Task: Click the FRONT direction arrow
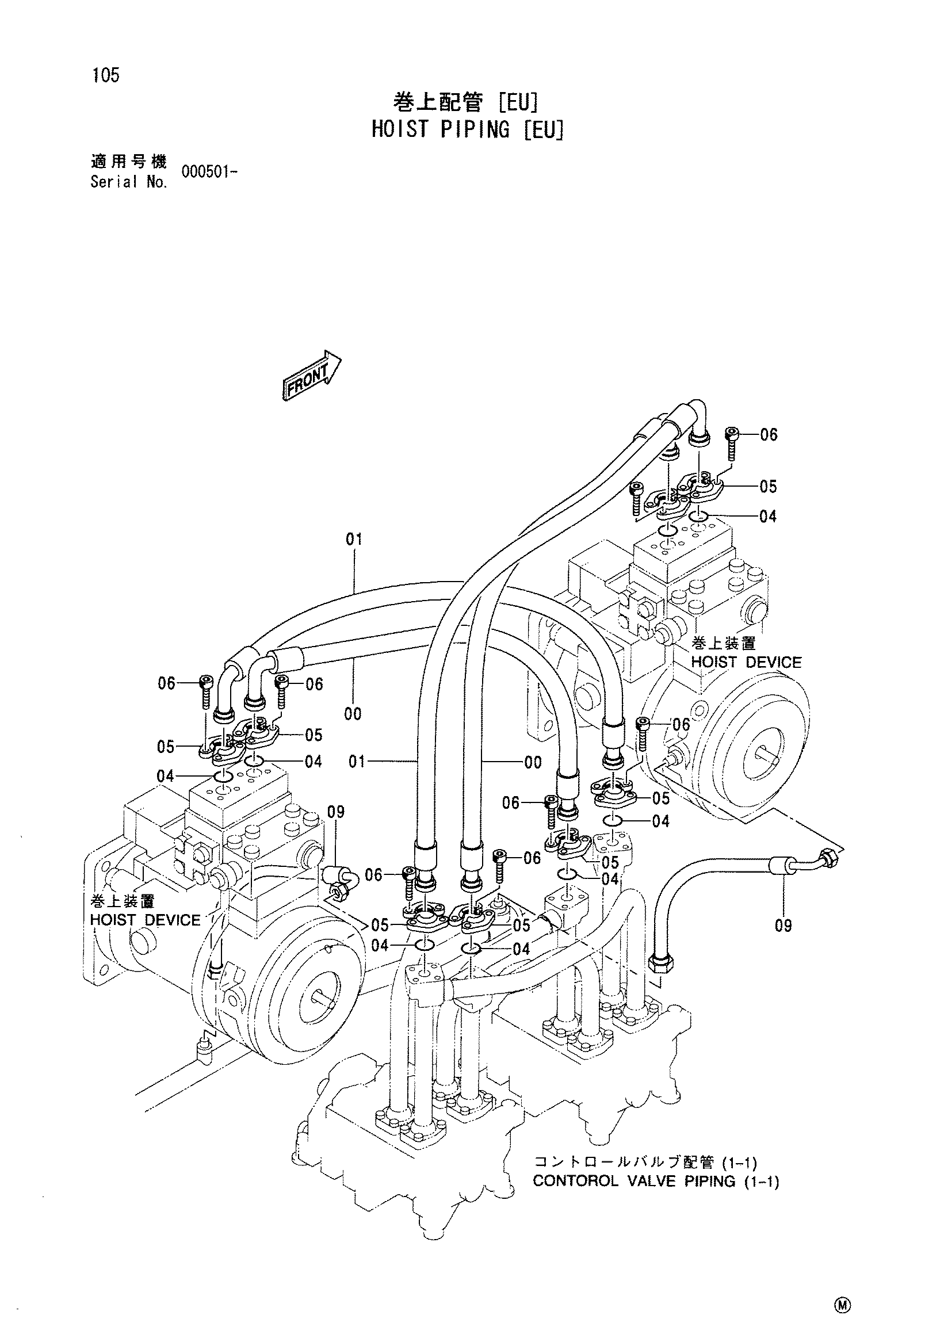coord(312,375)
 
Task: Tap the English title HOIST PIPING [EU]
coord(468,129)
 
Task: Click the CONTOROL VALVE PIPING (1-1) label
coord(656,1181)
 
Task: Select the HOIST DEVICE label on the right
coord(747,662)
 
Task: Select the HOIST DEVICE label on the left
coord(145,920)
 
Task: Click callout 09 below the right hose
coord(783,926)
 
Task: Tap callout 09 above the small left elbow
coord(335,812)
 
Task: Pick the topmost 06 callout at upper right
coord(769,435)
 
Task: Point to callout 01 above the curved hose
coord(354,539)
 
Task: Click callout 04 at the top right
coord(768,517)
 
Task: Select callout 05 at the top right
coord(768,486)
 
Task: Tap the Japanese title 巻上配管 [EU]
coord(465,103)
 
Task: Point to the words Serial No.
coord(129,182)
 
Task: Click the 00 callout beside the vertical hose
coord(533,762)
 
